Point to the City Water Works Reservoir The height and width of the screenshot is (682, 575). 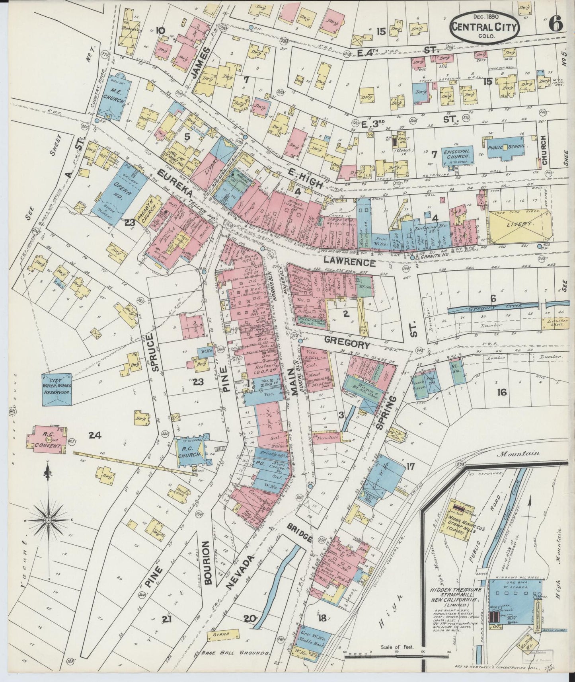[x=57, y=389]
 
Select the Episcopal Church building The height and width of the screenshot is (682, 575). [x=456, y=154]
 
